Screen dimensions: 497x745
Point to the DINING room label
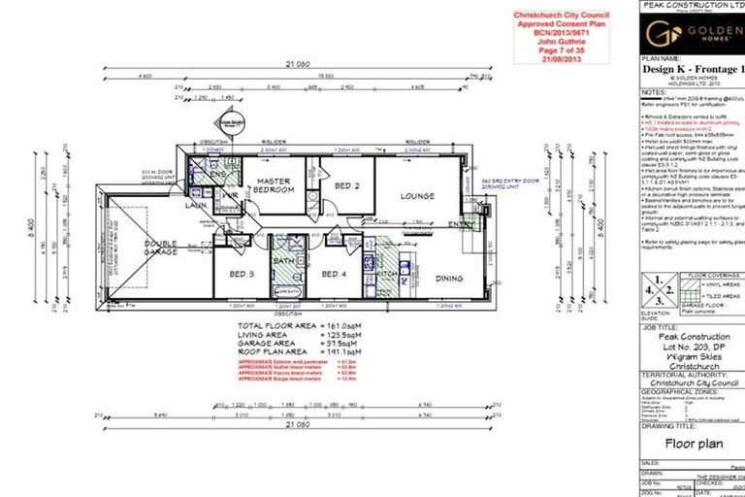coord(449,279)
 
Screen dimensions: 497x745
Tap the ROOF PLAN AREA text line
coord(300,350)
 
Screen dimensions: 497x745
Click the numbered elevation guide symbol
coord(661,290)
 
